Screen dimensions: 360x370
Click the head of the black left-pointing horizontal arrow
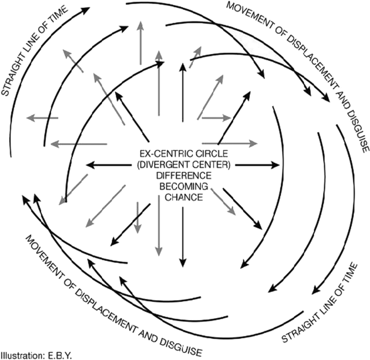click(x=88, y=165)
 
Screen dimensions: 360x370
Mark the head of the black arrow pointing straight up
click(x=183, y=70)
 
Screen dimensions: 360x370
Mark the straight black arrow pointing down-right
click(x=244, y=209)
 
